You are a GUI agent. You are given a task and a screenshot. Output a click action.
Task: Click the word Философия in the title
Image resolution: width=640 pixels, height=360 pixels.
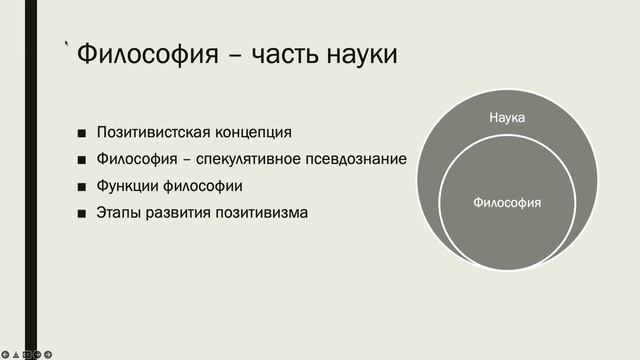click(x=149, y=54)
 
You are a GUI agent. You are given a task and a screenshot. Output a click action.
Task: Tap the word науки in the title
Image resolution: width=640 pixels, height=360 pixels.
click(x=364, y=54)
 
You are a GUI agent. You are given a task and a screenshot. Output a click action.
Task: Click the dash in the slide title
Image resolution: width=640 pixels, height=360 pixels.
click(x=235, y=56)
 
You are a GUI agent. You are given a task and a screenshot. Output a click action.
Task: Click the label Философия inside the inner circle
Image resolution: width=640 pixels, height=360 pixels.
click(x=507, y=202)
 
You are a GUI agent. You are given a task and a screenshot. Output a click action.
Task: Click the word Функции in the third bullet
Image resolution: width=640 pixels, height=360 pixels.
click(x=126, y=186)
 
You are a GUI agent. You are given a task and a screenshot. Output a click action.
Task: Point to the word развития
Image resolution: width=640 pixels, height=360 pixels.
click(x=178, y=213)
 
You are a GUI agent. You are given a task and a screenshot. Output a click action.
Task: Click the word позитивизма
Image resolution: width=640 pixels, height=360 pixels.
click(x=260, y=213)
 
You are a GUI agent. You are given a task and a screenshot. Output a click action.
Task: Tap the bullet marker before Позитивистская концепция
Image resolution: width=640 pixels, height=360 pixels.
click(x=81, y=133)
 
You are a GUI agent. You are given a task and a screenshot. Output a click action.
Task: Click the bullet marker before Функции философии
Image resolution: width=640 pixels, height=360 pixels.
click(x=81, y=186)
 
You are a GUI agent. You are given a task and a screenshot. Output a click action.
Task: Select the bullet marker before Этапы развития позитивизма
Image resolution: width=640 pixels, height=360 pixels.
click(x=81, y=213)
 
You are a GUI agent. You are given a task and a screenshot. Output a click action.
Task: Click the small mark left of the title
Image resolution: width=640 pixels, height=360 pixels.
click(x=67, y=43)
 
